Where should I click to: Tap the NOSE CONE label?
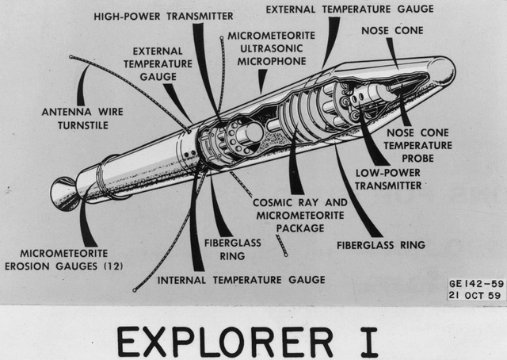point(392,31)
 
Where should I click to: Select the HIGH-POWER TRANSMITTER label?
point(163,16)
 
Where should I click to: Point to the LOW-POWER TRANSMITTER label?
point(388,178)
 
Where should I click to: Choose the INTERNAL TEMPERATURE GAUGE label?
point(242,279)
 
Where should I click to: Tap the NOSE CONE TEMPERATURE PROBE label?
point(419,146)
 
